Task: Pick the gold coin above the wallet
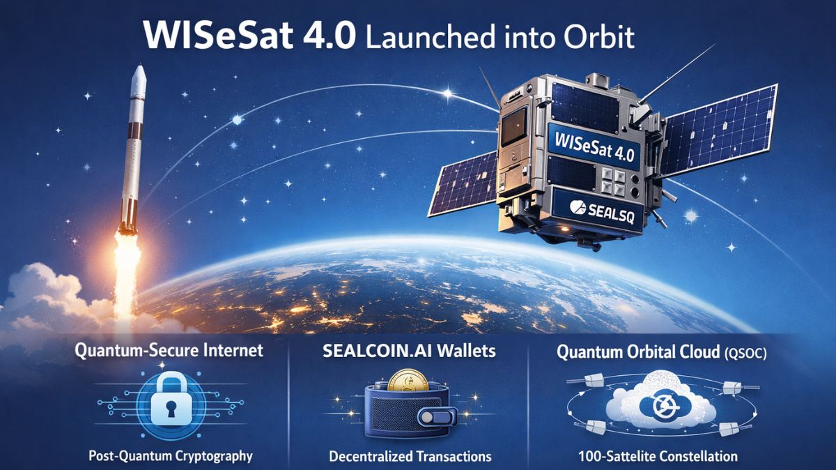403,382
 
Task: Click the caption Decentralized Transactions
410,457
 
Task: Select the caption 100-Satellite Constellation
658,457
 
